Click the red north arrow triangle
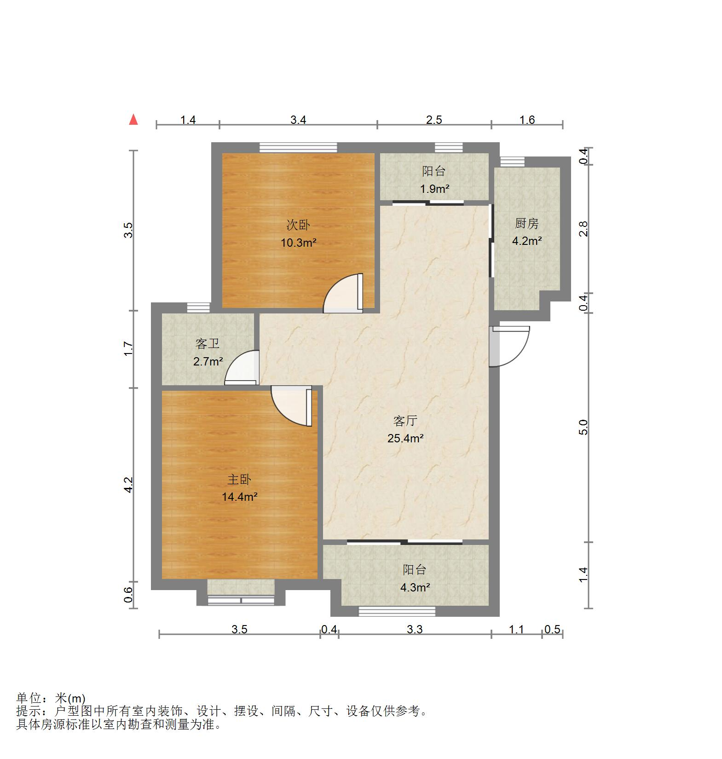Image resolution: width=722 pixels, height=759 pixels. point(133,120)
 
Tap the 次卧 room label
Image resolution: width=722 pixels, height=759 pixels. point(298,225)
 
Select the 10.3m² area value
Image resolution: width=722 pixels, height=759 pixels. point(298,243)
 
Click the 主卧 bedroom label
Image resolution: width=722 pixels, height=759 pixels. point(239,480)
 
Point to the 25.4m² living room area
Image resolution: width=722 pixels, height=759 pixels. point(405,438)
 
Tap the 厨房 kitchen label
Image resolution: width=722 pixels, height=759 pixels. point(526,224)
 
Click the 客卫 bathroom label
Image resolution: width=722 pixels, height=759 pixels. point(208,344)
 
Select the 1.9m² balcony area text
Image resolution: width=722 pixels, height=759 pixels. point(434,189)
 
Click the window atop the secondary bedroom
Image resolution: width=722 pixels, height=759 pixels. point(298,147)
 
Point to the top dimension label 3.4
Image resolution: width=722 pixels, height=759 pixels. point(298,120)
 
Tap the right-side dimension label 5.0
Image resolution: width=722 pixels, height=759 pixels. point(583,427)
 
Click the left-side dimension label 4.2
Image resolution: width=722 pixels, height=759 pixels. point(129,485)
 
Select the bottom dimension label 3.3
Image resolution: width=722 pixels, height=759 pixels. point(415,629)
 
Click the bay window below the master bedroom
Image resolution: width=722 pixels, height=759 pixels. point(241,600)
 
